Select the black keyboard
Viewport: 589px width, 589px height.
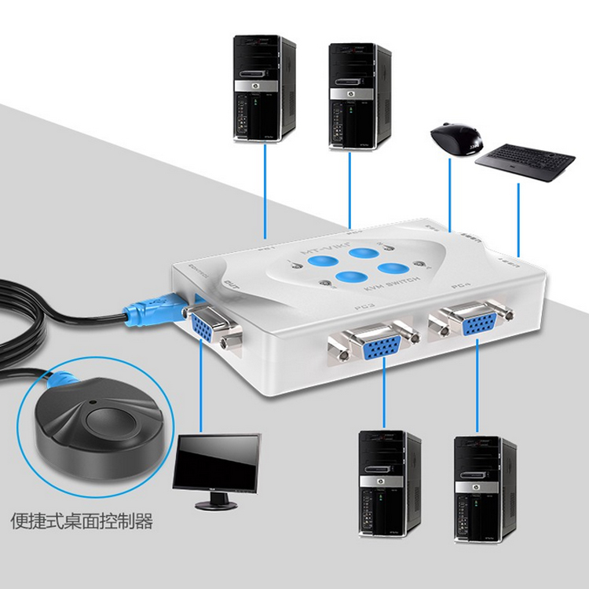(x=525, y=161)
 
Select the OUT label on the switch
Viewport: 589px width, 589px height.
(x=232, y=286)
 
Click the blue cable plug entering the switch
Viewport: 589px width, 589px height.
(x=154, y=310)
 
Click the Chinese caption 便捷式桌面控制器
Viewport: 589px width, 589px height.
(x=82, y=521)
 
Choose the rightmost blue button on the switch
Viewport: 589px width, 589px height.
(x=390, y=267)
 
